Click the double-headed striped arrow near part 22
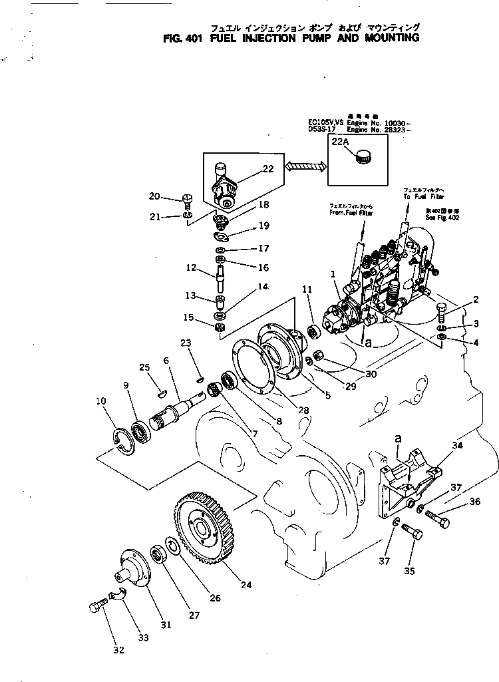(x=306, y=168)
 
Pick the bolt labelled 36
(x=436, y=518)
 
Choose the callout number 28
(x=304, y=411)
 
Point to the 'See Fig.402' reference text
(x=443, y=218)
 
